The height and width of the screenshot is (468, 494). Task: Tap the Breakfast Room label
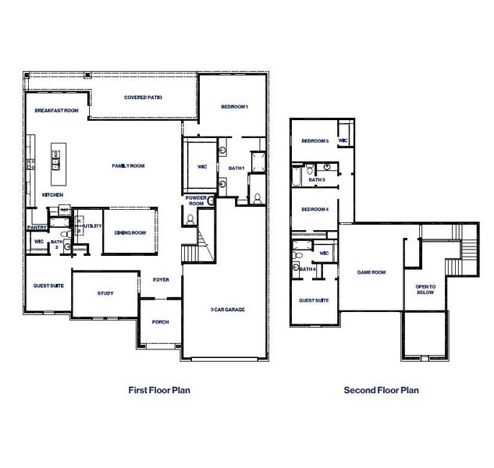coord(56,111)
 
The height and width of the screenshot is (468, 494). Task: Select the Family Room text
coord(129,165)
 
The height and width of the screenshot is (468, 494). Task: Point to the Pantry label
coord(37,227)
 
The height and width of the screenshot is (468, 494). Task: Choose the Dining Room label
coord(130,232)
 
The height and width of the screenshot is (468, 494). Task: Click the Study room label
coord(105,293)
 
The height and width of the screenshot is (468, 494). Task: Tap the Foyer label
coord(161,279)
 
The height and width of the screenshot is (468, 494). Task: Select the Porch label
coord(160,321)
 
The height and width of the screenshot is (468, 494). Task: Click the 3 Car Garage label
coord(227,310)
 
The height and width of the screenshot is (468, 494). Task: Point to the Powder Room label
coord(195,201)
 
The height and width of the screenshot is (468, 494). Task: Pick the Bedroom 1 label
coord(234,106)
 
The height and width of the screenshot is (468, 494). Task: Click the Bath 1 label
coord(237,168)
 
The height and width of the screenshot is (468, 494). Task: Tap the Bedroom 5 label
coord(315,141)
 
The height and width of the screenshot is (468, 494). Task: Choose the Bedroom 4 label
coord(315,209)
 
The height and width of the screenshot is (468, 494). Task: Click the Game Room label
coord(371,272)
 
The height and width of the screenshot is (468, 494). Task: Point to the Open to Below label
coord(425,289)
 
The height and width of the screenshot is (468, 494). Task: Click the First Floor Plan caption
coord(158,390)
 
